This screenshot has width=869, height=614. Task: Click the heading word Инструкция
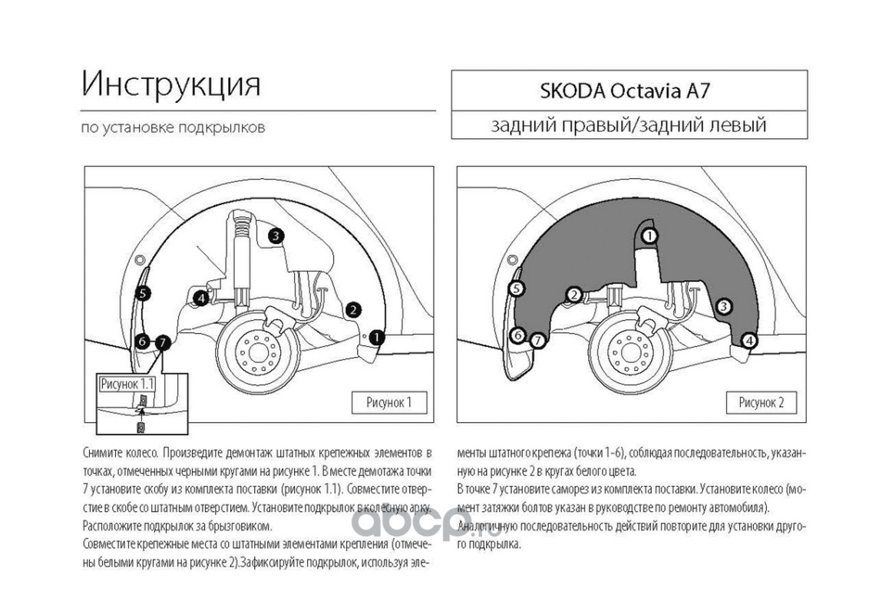coord(171,84)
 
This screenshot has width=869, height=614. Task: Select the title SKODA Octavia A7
coord(629,91)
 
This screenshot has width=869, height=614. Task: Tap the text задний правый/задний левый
coord(629,124)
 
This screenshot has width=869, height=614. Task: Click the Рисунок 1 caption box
coord(388,402)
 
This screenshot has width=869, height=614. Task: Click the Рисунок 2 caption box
coord(761,402)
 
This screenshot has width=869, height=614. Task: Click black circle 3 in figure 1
coord(276,236)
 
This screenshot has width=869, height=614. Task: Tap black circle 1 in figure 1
coord(377,336)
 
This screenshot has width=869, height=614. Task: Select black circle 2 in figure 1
coord(353,309)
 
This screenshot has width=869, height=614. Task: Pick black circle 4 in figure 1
coord(200,298)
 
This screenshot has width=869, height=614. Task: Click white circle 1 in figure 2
coord(649,236)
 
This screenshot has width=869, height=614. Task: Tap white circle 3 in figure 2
coord(722,307)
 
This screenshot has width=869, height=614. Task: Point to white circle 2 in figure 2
coord(573,295)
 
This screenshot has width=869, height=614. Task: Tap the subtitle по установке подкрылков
coord(173,127)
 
